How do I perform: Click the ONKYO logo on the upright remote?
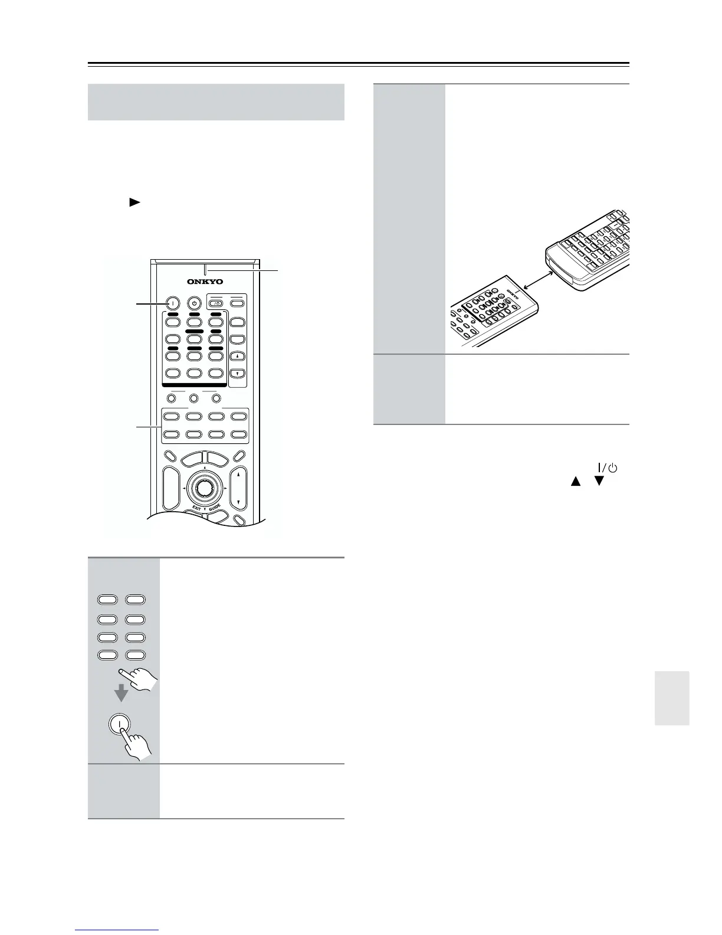point(205,282)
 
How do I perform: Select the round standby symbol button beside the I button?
point(194,303)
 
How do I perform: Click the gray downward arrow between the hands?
point(121,692)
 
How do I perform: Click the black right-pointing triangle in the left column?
point(134,202)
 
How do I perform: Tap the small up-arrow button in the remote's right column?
point(237,357)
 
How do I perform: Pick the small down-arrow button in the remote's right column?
point(237,374)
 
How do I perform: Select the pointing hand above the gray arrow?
point(139,678)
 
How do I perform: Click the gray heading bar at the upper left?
point(216,102)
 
